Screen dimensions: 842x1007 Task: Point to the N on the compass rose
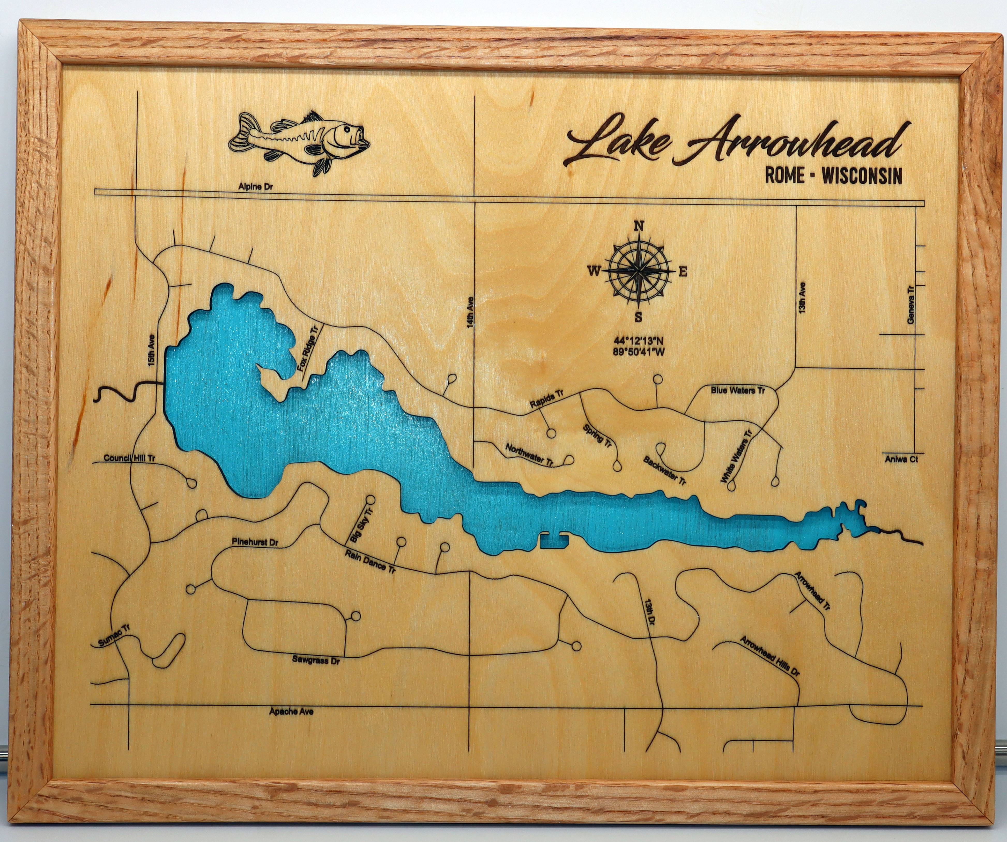pyautogui.click(x=639, y=226)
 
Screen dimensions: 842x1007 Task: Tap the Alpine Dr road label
pyautogui.click(x=256, y=187)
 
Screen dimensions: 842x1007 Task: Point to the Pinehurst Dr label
pyautogui.click(x=255, y=543)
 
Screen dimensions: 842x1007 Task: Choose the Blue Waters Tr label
pyautogui.click(x=737, y=390)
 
